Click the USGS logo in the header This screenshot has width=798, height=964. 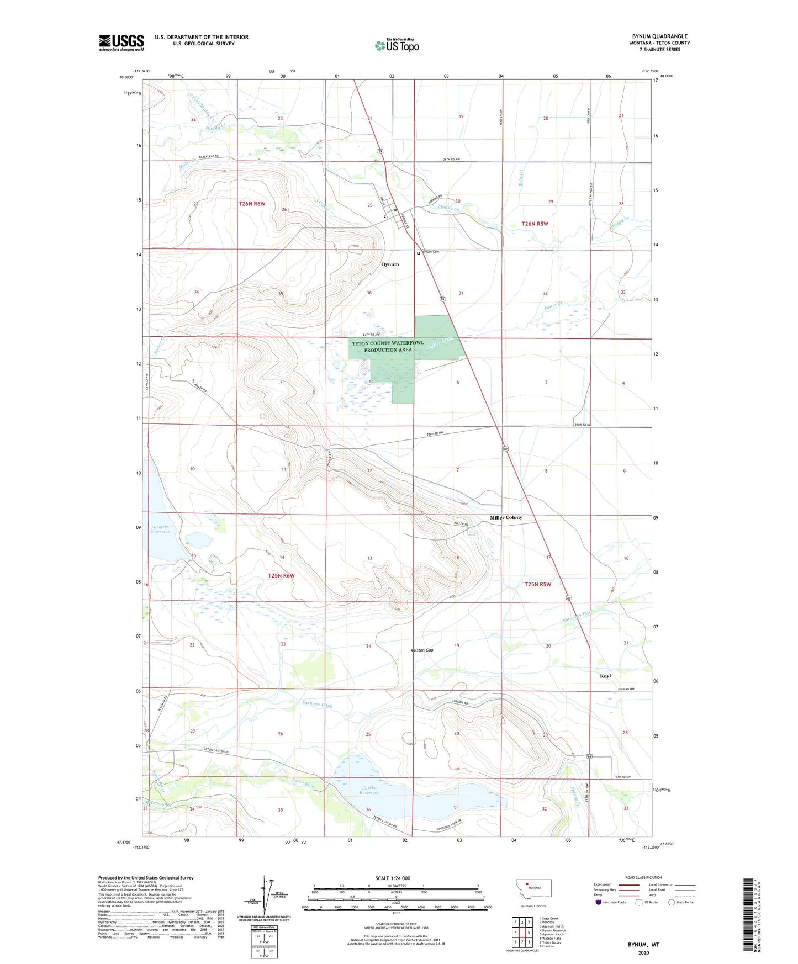121,43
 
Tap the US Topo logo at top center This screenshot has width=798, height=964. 397,45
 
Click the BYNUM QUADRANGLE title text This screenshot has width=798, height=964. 659,36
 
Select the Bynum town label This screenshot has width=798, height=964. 390,264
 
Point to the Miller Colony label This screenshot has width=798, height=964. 506,517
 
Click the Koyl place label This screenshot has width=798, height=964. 605,676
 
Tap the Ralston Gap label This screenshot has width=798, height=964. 422,650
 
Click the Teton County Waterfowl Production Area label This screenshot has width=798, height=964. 388,346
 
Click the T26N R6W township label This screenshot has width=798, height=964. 252,204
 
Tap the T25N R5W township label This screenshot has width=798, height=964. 538,584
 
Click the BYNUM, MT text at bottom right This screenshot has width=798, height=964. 643,945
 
